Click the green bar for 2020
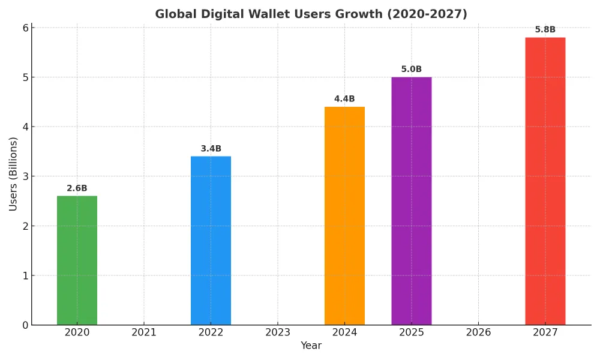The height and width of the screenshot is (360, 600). click(x=77, y=260)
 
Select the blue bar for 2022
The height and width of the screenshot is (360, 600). click(x=211, y=241)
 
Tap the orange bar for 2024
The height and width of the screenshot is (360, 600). click(x=344, y=216)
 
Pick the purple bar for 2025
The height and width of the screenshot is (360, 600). click(x=412, y=201)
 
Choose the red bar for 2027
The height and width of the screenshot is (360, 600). click(x=545, y=181)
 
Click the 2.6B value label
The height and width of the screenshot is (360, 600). click(x=77, y=188)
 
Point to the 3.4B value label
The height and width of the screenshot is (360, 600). click(x=211, y=149)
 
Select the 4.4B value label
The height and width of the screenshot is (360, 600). click(x=344, y=99)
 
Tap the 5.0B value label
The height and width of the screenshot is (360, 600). click(x=412, y=70)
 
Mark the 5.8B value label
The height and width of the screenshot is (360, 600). click(x=545, y=30)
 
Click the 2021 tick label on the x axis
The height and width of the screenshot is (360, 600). click(x=144, y=332)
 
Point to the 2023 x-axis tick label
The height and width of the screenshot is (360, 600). click(x=278, y=332)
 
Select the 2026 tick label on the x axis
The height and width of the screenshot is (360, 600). click(x=478, y=332)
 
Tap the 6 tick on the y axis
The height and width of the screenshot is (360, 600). click(x=25, y=28)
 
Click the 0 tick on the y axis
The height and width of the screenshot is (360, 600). click(x=25, y=325)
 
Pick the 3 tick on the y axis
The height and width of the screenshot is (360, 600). click(x=25, y=176)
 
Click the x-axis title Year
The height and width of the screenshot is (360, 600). click(x=311, y=346)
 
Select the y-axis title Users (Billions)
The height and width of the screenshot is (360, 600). click(x=13, y=174)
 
